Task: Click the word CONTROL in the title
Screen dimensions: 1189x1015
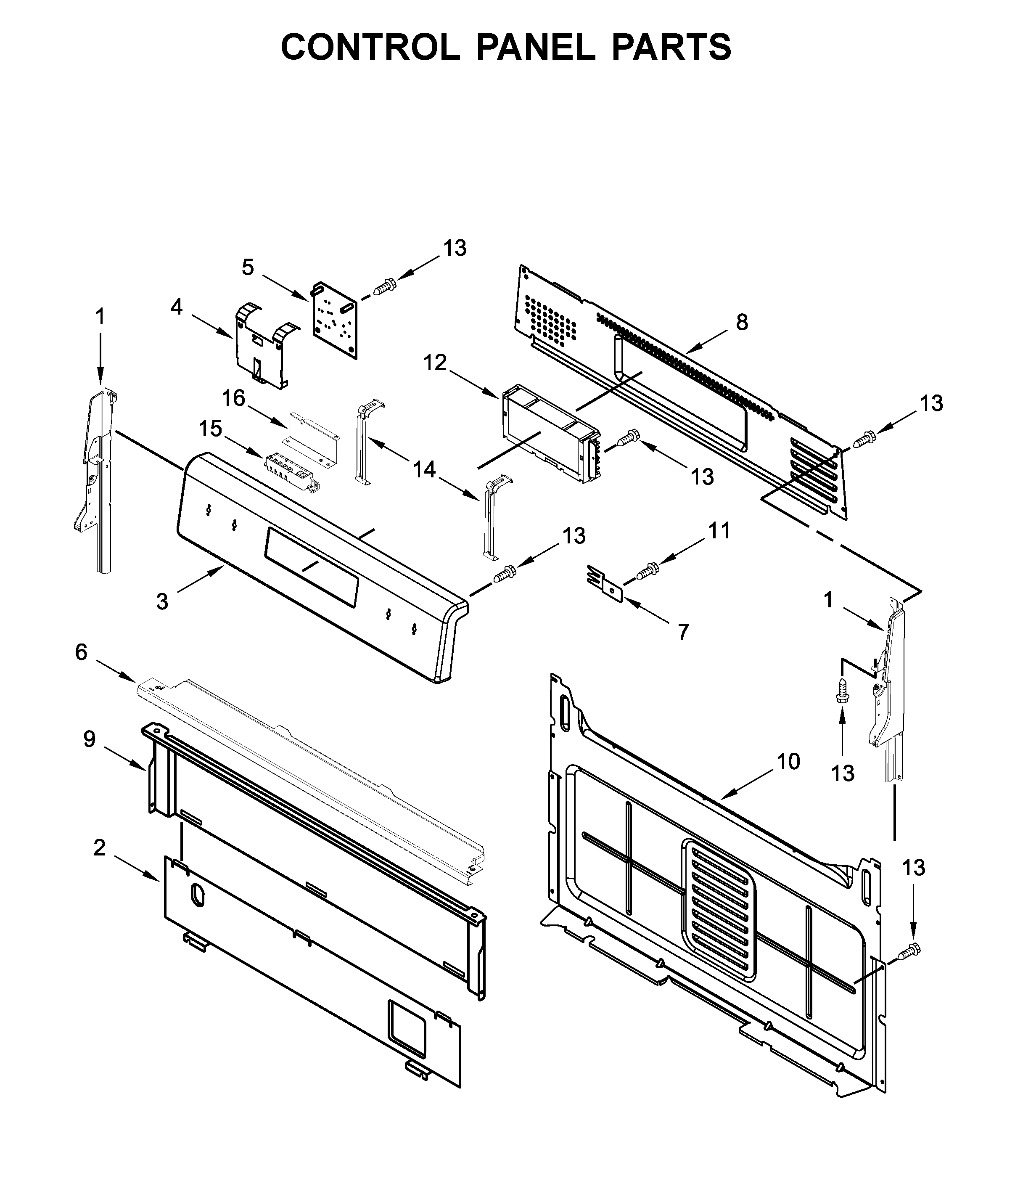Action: click(370, 47)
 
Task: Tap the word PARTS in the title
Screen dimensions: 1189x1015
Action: click(671, 47)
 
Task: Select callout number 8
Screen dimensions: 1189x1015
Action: click(742, 323)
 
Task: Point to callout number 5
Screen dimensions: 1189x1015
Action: click(247, 267)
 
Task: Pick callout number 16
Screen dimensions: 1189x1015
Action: click(233, 398)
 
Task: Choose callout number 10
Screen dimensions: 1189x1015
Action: click(788, 762)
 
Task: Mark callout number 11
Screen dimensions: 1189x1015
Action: click(719, 531)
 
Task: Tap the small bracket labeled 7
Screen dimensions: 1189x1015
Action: click(607, 586)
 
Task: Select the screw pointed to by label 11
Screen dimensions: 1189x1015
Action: click(648, 570)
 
